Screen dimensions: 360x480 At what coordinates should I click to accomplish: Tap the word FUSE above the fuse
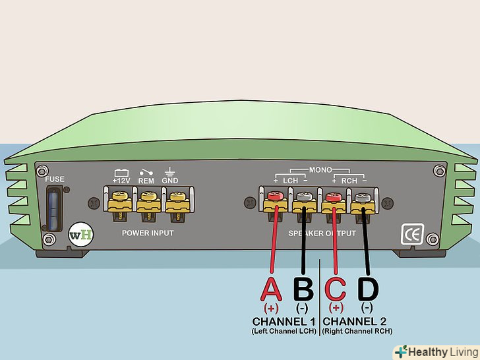pyautogui.click(x=55, y=179)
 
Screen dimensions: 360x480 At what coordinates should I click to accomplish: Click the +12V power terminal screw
pyautogui.click(x=121, y=196)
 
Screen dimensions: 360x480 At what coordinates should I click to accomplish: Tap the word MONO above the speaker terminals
pyautogui.click(x=320, y=169)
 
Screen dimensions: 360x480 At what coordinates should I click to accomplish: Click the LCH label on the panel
pyautogui.click(x=291, y=180)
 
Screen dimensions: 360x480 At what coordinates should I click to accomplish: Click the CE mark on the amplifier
pyautogui.click(x=411, y=235)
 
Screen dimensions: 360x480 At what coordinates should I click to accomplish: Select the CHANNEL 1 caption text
pyautogui.click(x=284, y=321)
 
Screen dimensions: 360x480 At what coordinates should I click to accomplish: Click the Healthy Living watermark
pyautogui.click(x=435, y=351)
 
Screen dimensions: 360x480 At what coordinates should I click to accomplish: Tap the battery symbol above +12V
pyautogui.click(x=121, y=171)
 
